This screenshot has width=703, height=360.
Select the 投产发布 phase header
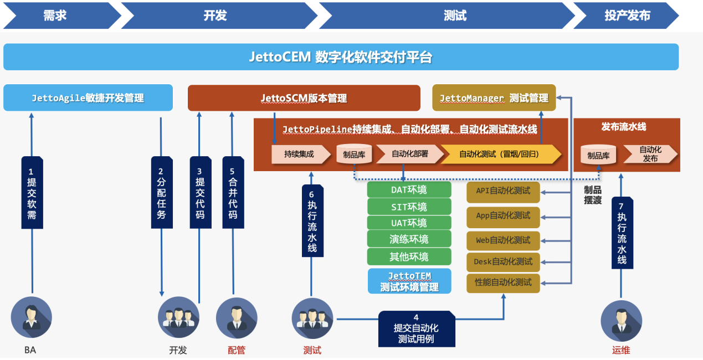click(x=626, y=16)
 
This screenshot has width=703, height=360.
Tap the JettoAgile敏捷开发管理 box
click(x=88, y=98)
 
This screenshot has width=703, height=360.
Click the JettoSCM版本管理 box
click(x=304, y=98)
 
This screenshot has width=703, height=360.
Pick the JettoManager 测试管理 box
click(x=494, y=98)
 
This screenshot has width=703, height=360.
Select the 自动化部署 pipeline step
click(x=409, y=154)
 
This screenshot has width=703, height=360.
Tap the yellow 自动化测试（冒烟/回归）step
click(x=500, y=154)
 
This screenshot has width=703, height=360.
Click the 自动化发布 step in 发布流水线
click(x=650, y=154)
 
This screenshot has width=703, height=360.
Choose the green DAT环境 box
click(x=409, y=190)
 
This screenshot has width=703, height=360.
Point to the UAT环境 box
click(x=409, y=223)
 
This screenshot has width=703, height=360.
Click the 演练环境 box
click(x=409, y=239)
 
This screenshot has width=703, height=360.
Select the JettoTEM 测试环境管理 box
click(x=409, y=281)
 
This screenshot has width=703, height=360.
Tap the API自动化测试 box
click(x=503, y=191)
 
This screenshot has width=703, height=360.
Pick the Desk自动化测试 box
click(x=503, y=261)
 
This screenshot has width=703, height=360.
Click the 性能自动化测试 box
click(x=503, y=282)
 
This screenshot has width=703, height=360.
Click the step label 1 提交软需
click(x=32, y=192)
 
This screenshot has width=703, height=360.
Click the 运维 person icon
click(x=621, y=321)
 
